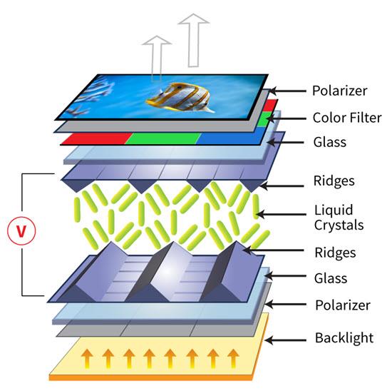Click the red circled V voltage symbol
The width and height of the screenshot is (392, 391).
tap(21, 230)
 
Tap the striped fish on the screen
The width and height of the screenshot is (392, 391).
tap(180, 97)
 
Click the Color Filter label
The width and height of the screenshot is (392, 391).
tap(347, 118)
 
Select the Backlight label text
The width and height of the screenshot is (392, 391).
tap(344, 337)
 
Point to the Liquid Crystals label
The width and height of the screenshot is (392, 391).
tap(339, 218)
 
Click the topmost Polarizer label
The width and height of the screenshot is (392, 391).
tap(340, 91)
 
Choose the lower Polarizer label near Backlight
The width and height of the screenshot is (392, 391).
tap(343, 305)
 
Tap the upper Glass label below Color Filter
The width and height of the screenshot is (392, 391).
tap(330, 142)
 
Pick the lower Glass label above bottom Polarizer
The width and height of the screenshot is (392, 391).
tap(331, 278)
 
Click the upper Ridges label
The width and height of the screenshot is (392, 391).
tap(334, 181)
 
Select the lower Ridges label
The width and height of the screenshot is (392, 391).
tap(335, 253)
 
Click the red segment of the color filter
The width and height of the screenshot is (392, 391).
tap(96, 138)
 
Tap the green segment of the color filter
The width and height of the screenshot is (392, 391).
tap(163, 138)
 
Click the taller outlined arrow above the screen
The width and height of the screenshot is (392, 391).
tap(193, 40)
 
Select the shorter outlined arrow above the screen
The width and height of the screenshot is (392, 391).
tap(157, 58)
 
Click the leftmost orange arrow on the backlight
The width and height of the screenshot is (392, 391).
tap(87, 358)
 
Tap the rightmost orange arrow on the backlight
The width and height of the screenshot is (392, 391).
tap(233, 358)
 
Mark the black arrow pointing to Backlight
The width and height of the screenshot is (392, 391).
tap(286, 340)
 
